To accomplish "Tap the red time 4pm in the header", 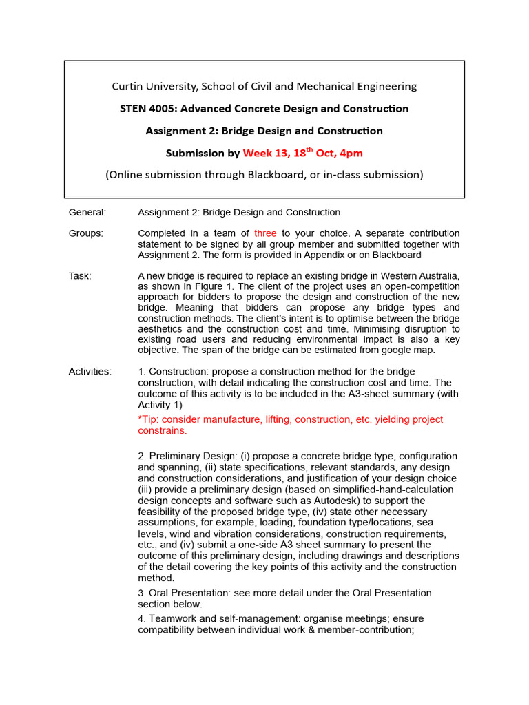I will [x=350, y=153].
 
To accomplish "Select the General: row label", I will [x=87, y=212].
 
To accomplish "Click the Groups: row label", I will [x=86, y=233].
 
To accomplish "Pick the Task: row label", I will [x=80, y=276].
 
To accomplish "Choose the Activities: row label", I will [x=90, y=372].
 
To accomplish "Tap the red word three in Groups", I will [x=265, y=233].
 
